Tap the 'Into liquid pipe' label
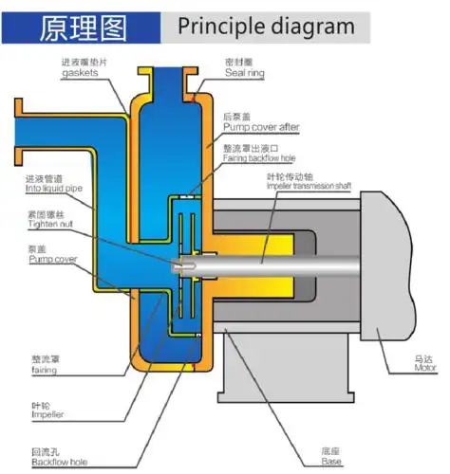click(54, 190)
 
